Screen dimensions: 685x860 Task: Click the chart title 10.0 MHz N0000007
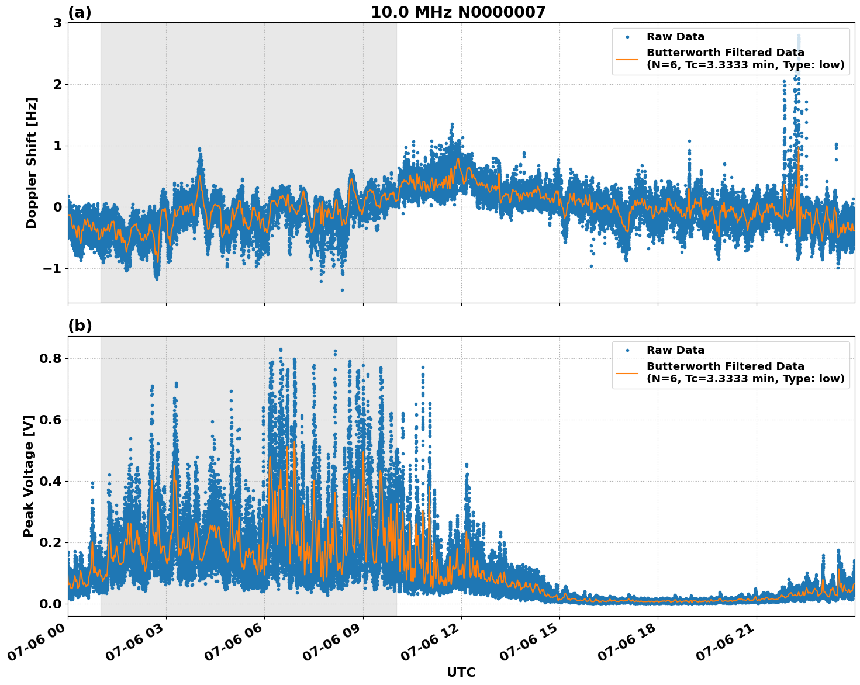(458, 12)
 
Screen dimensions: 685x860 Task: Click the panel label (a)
(80, 12)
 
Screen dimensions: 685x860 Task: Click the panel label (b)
(80, 326)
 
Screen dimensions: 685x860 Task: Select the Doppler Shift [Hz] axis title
(32, 162)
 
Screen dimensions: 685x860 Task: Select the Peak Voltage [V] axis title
(29, 476)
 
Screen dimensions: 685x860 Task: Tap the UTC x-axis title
(461, 673)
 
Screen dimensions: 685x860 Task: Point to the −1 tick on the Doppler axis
(54, 269)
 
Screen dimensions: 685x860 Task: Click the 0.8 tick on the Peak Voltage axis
(50, 358)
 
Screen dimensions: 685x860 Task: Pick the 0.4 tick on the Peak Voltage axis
(50, 481)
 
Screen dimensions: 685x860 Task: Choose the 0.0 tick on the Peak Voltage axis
(50, 604)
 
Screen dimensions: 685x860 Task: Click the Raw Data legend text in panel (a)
(675, 37)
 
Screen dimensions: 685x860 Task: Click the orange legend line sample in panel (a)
(627, 59)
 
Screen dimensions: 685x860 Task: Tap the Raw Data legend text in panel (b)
(675, 351)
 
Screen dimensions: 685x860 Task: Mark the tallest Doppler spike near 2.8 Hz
(799, 36)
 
